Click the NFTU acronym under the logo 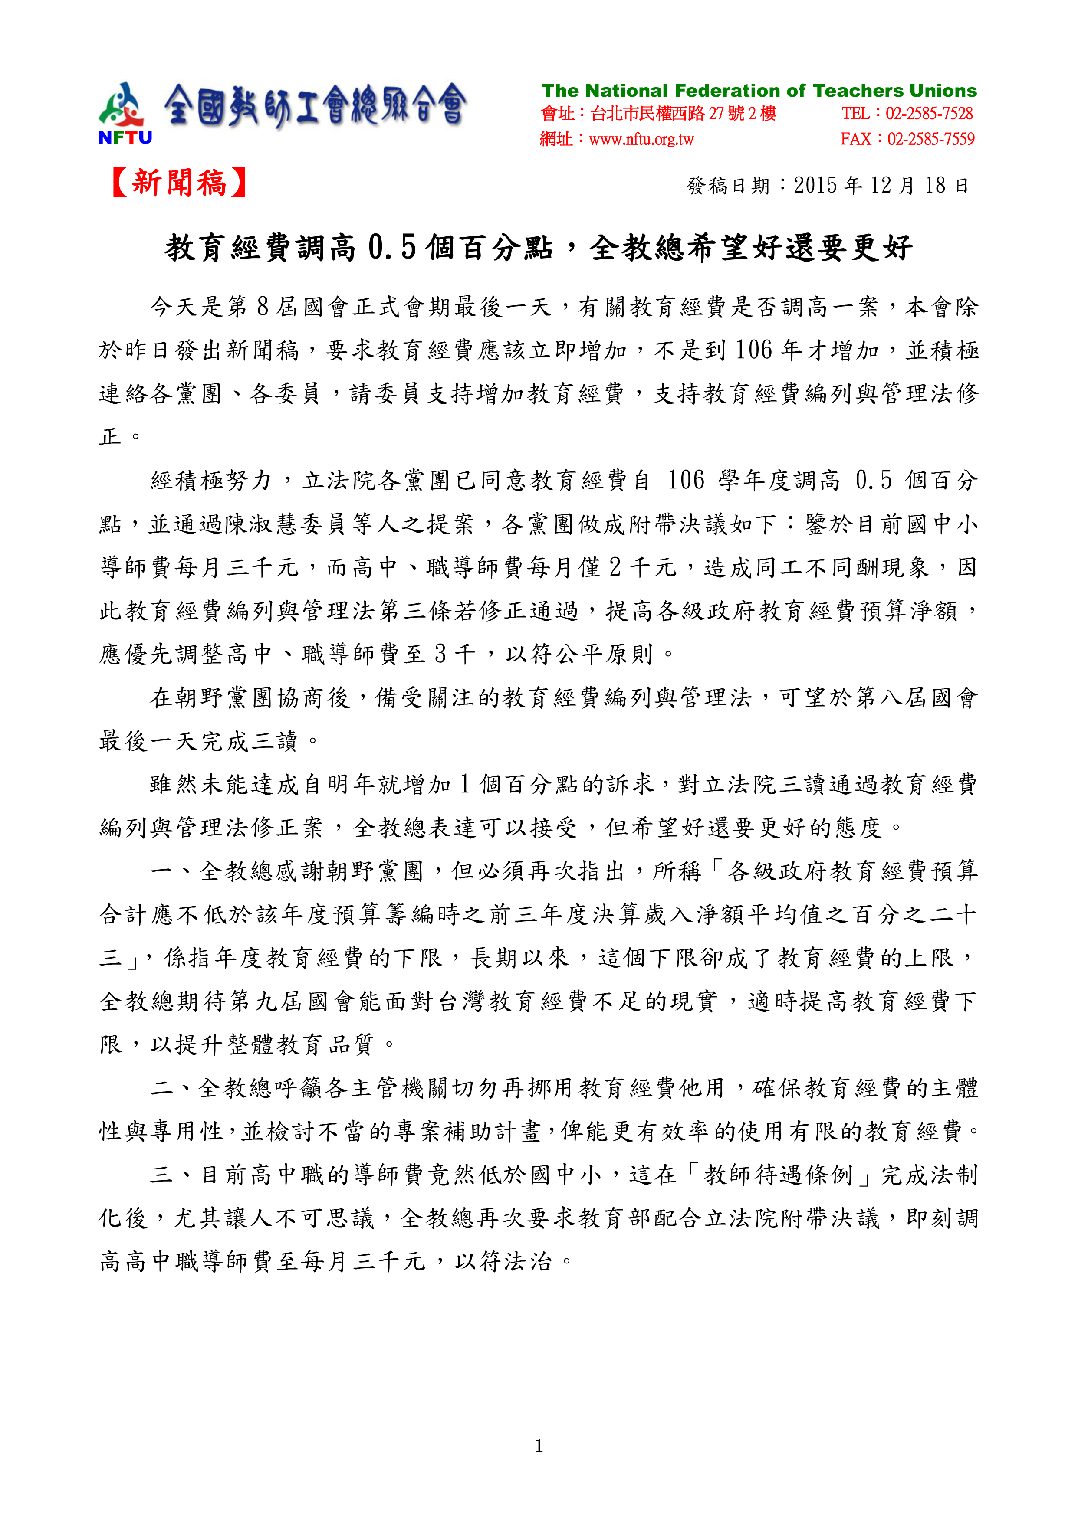(125, 137)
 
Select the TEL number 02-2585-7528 (929, 114)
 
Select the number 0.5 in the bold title (391, 248)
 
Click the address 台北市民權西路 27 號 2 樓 (683, 114)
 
